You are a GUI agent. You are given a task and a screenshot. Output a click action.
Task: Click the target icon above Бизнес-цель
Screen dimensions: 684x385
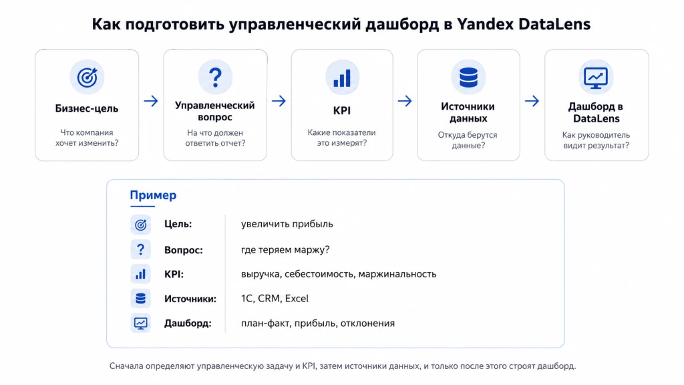88,78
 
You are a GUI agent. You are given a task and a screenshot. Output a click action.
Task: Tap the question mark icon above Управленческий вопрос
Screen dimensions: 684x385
215,78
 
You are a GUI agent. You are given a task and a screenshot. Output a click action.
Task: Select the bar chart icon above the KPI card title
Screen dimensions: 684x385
342,78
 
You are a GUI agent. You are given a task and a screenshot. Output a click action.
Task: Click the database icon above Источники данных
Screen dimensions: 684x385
468,78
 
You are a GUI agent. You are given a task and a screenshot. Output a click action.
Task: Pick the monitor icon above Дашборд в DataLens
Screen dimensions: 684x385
596,79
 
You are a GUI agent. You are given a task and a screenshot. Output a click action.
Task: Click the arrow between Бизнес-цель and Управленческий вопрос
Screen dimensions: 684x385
151,102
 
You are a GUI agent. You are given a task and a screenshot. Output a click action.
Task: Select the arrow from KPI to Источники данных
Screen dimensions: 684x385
405,102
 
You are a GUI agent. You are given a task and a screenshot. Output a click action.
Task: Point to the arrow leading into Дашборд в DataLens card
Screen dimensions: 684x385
532,102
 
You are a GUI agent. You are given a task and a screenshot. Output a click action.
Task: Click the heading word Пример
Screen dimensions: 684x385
153,195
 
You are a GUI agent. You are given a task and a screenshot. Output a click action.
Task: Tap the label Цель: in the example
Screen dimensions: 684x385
178,225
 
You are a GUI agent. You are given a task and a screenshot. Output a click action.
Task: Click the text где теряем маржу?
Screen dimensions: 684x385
285,250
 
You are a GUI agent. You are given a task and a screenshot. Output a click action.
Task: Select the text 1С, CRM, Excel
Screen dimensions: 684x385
275,299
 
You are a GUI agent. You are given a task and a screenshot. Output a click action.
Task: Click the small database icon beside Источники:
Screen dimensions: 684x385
140,299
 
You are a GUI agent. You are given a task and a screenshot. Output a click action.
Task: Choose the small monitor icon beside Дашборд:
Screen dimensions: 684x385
140,324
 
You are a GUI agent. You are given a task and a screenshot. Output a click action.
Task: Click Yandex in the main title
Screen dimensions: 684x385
486,24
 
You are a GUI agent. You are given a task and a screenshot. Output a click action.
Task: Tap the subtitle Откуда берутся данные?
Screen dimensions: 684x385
468,140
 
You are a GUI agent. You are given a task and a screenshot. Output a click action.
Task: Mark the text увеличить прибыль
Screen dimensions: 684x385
287,225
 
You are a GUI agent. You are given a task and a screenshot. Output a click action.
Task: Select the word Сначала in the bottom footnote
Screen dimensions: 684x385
126,366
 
